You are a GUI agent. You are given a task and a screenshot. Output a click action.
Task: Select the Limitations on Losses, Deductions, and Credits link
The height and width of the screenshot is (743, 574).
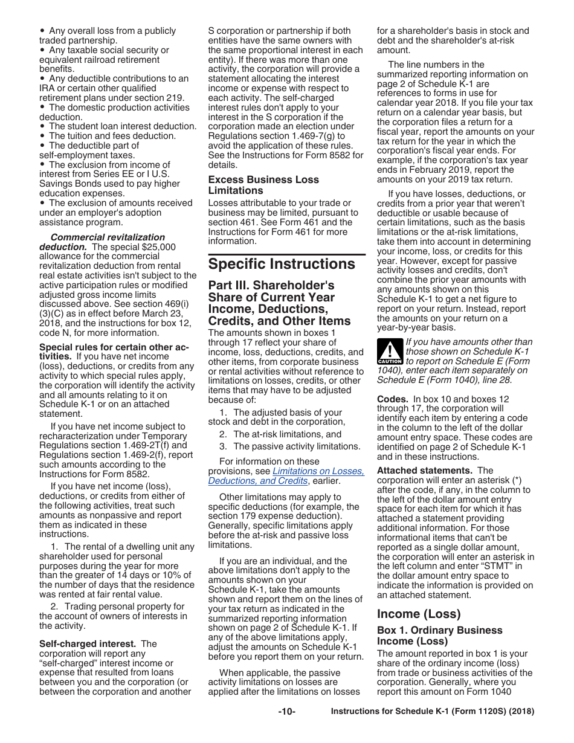(x=286, y=476)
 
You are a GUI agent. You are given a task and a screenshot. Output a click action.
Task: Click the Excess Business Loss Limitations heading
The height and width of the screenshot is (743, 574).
(x=263, y=185)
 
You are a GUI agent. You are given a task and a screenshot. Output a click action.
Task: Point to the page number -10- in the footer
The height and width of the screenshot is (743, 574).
(x=286, y=712)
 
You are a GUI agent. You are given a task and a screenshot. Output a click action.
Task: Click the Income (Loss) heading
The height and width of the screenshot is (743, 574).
(x=418, y=614)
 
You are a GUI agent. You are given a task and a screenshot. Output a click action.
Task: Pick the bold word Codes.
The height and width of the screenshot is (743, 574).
(x=392, y=399)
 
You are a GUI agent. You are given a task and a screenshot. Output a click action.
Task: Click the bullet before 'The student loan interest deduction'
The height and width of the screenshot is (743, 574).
(x=42, y=127)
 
